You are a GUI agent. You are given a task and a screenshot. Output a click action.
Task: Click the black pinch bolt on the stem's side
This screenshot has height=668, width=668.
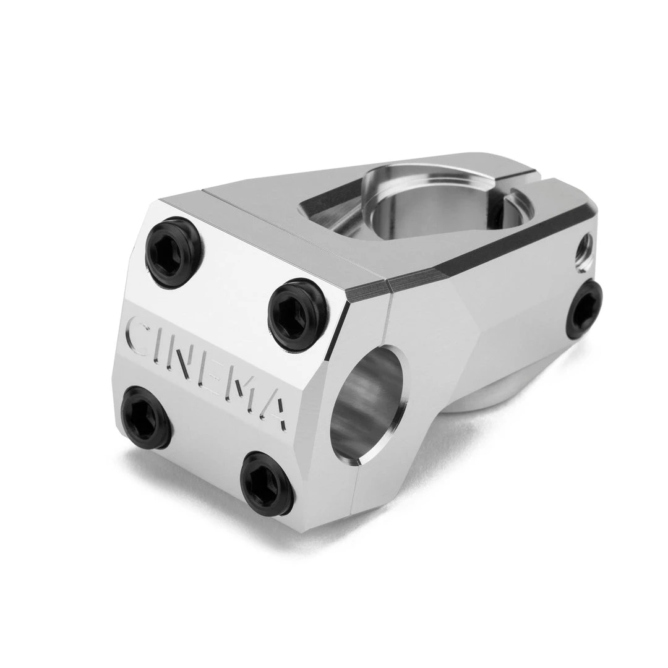click(x=584, y=309)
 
